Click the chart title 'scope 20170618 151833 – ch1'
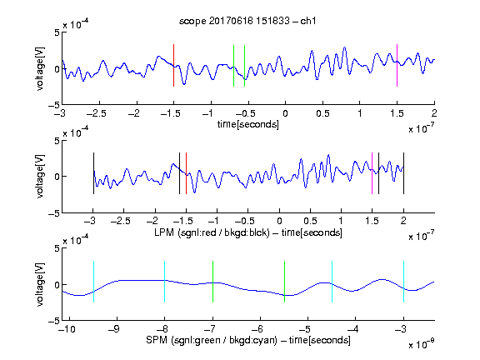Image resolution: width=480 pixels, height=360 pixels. coord(247,21)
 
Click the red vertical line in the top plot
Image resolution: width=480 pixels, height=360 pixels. coord(174,66)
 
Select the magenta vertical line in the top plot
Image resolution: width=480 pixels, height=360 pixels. coord(397,66)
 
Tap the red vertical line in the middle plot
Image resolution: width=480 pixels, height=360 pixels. coord(186,173)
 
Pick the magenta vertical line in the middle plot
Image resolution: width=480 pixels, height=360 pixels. coord(372,173)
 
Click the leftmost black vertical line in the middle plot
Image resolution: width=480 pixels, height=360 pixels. coord(93,173)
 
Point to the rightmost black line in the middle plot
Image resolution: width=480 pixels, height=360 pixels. coord(404,173)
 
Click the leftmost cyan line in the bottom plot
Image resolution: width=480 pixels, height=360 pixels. coord(93,282)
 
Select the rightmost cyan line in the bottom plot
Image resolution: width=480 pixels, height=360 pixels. coord(404,282)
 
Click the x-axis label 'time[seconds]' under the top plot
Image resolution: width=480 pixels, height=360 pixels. coord(248,124)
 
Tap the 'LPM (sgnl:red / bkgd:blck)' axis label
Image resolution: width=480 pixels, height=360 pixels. coord(212,232)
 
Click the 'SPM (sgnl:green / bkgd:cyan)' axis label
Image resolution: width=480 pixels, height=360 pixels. coord(212,340)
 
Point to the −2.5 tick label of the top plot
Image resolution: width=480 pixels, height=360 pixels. coord(96,113)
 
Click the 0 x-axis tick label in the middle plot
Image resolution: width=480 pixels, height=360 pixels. coord(279,221)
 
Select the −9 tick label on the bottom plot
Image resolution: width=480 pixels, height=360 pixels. coord(114,329)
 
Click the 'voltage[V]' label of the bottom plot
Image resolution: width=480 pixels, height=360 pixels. coord(40,284)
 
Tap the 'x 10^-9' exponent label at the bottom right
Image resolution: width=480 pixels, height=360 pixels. coord(422,344)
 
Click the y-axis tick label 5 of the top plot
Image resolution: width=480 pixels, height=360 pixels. coord(57,32)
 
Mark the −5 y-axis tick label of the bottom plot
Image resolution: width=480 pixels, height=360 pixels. coord(53,321)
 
